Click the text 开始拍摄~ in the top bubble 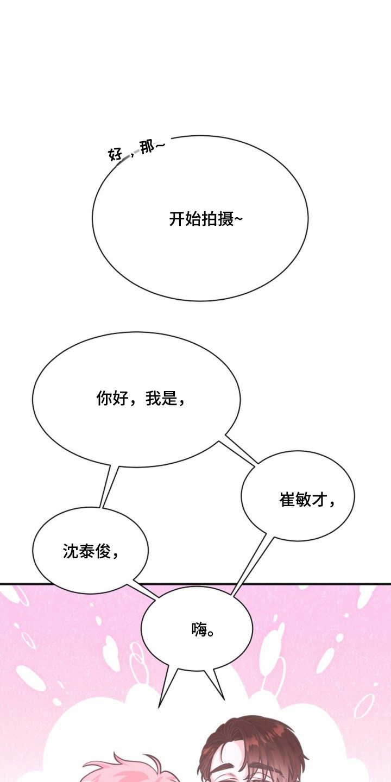pyautogui.click(x=206, y=219)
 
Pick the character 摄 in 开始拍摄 pyautogui.click(x=225, y=219)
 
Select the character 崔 pyautogui.click(x=287, y=500)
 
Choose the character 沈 pyautogui.click(x=71, y=551)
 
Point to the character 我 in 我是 pyautogui.click(x=153, y=399)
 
